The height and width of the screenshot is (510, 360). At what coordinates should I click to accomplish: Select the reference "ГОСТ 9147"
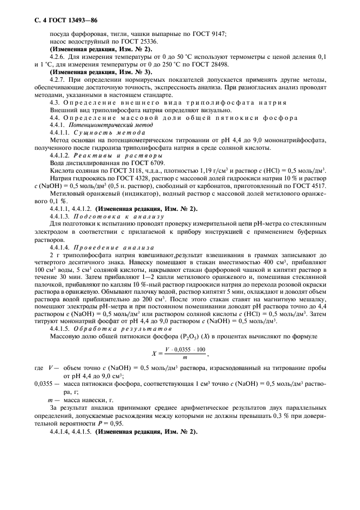click(210, 34)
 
